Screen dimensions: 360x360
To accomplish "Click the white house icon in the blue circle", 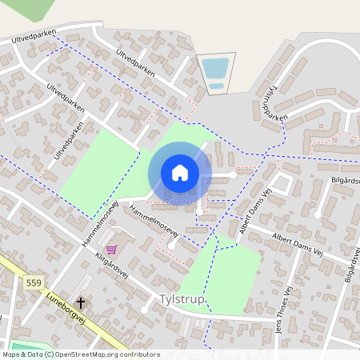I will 180,173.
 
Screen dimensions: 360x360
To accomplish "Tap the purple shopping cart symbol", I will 110,250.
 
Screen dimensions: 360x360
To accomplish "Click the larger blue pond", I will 214,68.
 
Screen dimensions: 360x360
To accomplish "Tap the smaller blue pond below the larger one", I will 216,86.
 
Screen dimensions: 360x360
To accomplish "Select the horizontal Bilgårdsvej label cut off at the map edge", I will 345,181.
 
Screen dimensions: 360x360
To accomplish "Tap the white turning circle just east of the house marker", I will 233,174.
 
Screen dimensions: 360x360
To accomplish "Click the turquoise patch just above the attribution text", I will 20,346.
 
